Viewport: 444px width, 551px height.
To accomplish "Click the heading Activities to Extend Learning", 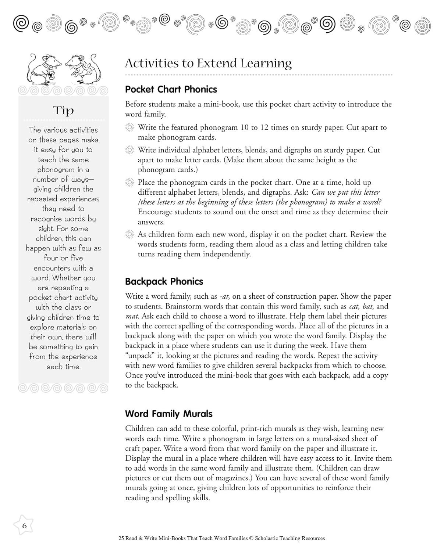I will coord(208,63).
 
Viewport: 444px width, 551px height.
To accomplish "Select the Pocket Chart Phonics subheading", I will coord(171,89).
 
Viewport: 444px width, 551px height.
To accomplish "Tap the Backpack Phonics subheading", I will coord(164,281).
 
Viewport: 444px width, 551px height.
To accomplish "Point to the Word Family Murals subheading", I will coord(169,414).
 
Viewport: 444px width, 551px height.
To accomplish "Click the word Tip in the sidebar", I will coord(63,111).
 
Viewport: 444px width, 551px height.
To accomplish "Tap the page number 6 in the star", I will coord(24,526).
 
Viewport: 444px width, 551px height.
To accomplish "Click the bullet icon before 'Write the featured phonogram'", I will coord(129,127).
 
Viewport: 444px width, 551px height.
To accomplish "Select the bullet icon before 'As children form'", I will coord(129,234).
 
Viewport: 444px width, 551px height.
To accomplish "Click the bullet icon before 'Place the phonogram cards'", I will coord(129,182).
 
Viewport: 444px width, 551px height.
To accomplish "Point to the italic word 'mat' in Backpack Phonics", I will coord(131,316).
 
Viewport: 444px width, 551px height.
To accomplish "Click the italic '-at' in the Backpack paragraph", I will coord(223,296).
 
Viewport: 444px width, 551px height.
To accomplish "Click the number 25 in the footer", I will coord(122,539).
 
